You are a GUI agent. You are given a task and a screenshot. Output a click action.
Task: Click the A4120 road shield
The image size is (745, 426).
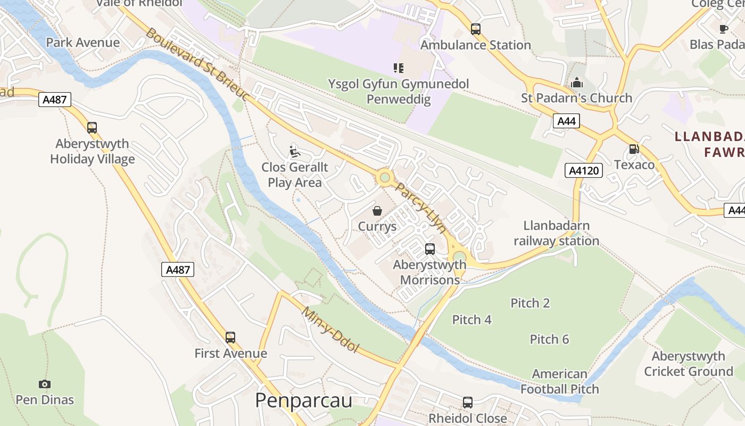pos(583,170)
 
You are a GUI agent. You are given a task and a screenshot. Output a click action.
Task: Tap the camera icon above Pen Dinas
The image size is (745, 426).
pos(45,384)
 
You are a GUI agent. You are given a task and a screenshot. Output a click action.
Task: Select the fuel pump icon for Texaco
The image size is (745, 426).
pos(634,149)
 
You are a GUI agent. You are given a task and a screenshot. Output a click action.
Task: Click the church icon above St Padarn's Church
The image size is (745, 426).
pos(576,83)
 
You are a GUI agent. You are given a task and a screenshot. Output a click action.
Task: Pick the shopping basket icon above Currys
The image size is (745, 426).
pos(377,211)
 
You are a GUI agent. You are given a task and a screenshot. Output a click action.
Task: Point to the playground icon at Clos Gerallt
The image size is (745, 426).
pos(294,152)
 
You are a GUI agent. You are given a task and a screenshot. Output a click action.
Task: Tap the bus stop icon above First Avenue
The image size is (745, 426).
pos(230,337)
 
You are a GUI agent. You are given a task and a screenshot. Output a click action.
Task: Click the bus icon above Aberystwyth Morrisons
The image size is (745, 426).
pos(429,249)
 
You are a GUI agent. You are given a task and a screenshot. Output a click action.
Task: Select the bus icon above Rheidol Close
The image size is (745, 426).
pos(467,403)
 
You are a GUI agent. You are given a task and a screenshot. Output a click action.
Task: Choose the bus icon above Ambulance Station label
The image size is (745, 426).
pos(475,29)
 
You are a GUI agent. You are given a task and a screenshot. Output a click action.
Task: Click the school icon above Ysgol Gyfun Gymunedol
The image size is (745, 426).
pos(398,68)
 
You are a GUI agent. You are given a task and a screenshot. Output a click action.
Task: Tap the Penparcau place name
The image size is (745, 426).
pos(303,400)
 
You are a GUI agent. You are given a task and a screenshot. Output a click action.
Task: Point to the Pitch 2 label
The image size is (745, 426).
pos(530,303)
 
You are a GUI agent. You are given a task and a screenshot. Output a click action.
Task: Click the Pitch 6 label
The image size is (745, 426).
pos(549,339)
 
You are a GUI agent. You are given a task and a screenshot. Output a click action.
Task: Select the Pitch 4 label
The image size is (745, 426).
pos(471,319)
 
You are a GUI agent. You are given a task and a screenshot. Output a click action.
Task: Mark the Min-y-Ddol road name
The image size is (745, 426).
pos(330,330)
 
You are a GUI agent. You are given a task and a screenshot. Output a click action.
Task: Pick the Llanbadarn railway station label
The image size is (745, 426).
pos(557,233)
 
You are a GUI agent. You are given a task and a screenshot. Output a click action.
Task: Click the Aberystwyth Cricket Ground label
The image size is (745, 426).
pos(688,364)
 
